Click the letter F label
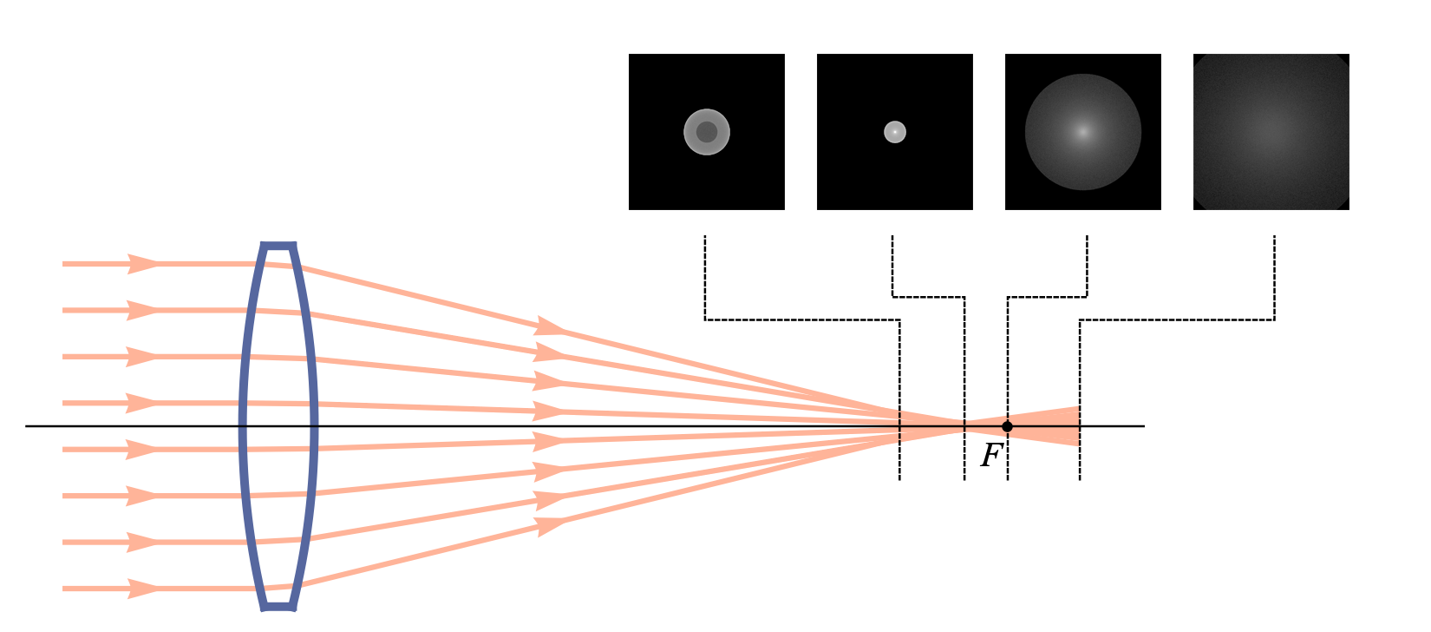991,456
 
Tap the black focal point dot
1008,426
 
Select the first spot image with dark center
707,132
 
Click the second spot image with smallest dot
894,132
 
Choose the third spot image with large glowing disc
1083,132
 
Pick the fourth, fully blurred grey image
1271,132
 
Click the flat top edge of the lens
278,246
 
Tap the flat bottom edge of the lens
278,607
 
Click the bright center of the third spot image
1083,132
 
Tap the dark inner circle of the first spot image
707,132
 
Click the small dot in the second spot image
894,132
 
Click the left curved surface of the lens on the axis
243,426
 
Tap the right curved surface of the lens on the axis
314,426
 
